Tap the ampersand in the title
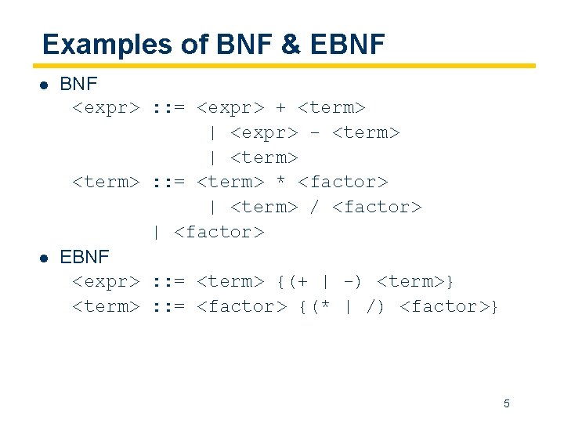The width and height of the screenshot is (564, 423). coord(291,45)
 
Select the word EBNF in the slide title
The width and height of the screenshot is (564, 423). coord(348,45)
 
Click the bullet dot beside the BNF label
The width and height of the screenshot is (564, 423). coord(46,83)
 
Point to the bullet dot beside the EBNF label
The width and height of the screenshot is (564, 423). coord(46,258)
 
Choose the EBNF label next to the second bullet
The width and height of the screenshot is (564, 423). coord(85,257)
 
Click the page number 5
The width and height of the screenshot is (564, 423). coord(506,403)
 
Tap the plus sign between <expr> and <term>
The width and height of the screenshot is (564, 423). coord(280,107)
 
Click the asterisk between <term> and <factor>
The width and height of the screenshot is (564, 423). coord(280,182)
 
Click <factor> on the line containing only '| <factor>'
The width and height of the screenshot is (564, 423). coord(219,232)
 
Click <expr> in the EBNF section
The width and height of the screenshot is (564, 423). coord(106,281)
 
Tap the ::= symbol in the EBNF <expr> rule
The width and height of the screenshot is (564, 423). coord(168,281)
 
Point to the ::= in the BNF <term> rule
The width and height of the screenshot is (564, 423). coord(168,182)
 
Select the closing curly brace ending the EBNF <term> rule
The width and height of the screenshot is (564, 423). coord(494,306)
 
